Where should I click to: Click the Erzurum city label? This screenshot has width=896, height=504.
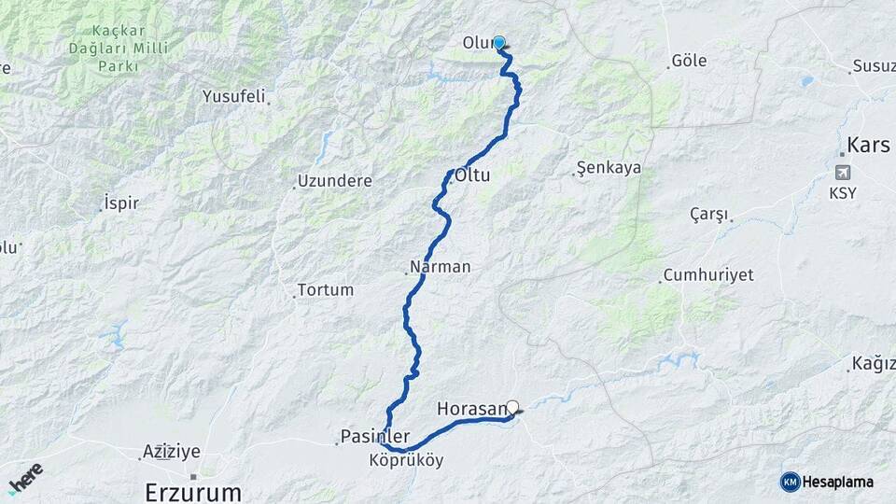tap(193, 491)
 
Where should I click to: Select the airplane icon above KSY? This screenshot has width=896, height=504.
tap(844, 174)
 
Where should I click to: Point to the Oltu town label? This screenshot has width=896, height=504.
tap(473, 175)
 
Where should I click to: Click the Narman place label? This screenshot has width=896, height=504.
tap(441, 267)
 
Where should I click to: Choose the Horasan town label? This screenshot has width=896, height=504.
tap(471, 409)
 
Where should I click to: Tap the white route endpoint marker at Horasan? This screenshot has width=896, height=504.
tap(511, 407)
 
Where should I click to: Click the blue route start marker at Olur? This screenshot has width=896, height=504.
tap(499, 42)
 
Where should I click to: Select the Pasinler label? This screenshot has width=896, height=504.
tap(375, 436)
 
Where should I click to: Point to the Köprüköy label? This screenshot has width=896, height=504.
tap(406, 460)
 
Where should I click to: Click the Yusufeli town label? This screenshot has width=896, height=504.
tap(234, 96)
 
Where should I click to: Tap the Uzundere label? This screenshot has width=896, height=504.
tap(334, 181)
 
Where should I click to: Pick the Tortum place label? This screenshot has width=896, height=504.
tap(326, 289)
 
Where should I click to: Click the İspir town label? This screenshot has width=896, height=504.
tap(121, 203)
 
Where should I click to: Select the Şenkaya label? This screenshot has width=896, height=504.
tap(609, 168)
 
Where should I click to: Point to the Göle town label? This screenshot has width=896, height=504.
tap(689, 62)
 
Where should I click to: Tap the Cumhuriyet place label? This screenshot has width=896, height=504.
tap(708, 275)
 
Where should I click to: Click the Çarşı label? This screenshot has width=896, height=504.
tap(708, 214)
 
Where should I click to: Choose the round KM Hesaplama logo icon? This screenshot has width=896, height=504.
tap(791, 482)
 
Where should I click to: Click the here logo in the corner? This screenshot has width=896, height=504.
tap(25, 477)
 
